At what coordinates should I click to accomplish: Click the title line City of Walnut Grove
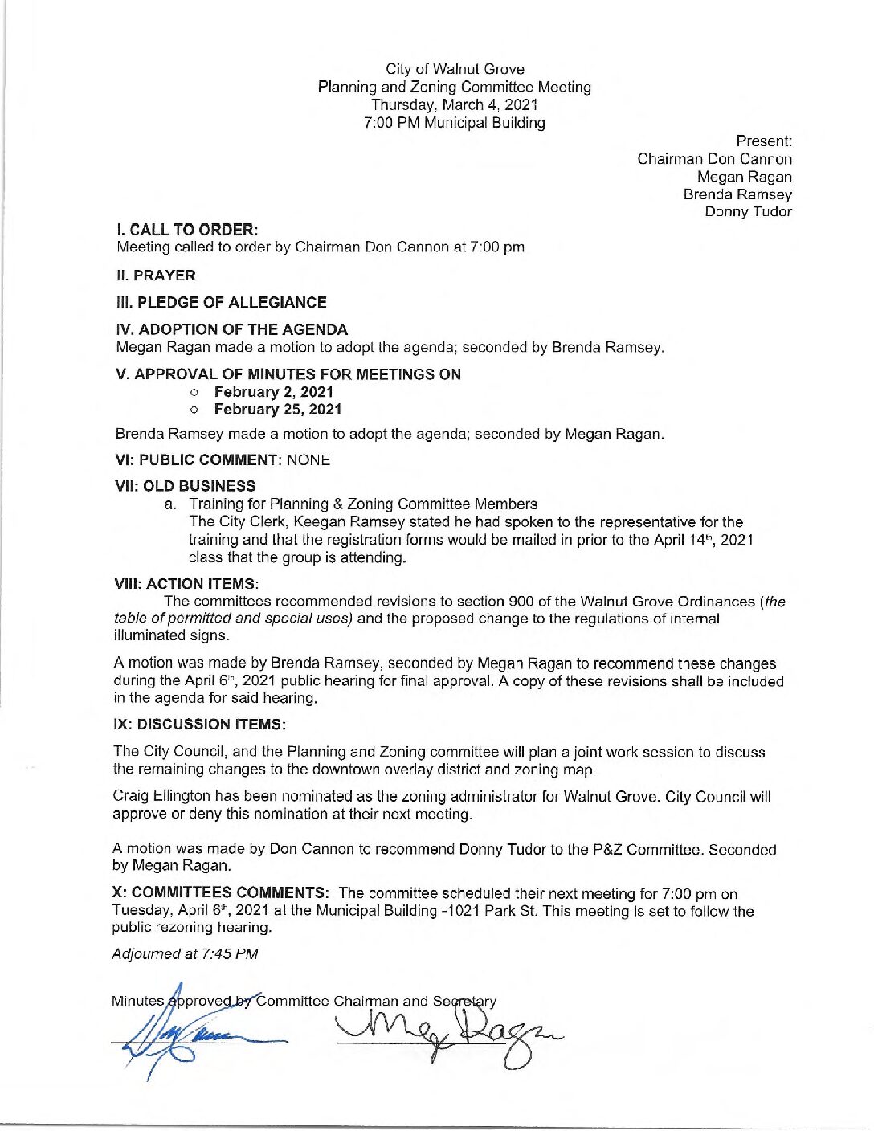(x=455, y=69)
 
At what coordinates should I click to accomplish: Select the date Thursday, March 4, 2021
(x=455, y=104)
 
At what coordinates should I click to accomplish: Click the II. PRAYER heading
(x=156, y=276)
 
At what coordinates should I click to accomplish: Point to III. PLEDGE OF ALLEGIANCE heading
(x=222, y=303)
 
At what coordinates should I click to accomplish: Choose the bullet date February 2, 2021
(x=273, y=392)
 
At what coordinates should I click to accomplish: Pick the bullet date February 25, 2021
(x=278, y=410)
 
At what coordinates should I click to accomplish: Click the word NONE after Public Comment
(x=308, y=460)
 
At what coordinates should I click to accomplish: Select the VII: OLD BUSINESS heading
(x=186, y=486)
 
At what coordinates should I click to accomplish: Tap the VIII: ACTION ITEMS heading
(x=187, y=584)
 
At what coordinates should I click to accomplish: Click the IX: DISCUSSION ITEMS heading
(x=200, y=725)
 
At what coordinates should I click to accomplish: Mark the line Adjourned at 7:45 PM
(x=186, y=954)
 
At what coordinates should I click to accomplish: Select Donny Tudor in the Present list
(x=748, y=212)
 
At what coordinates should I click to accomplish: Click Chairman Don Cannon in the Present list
(x=714, y=159)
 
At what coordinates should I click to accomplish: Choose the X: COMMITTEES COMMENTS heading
(x=220, y=893)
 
